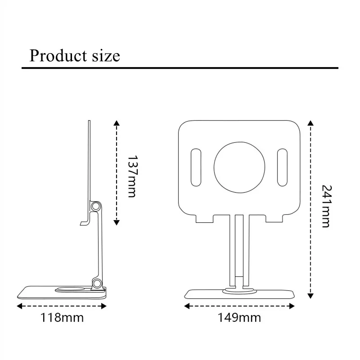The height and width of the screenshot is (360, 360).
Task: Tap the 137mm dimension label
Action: click(131, 176)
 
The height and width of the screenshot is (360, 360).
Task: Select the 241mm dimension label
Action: click(325, 206)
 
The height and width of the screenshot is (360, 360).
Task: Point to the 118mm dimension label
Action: click(62, 318)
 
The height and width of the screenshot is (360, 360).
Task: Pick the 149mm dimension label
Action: click(239, 318)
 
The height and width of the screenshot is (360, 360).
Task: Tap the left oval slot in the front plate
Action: click(196, 167)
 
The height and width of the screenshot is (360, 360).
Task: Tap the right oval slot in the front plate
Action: click(283, 167)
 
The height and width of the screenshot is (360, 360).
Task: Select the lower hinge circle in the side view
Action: click(96, 283)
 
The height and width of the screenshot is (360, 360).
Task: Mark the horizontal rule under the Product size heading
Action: click(180, 68)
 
